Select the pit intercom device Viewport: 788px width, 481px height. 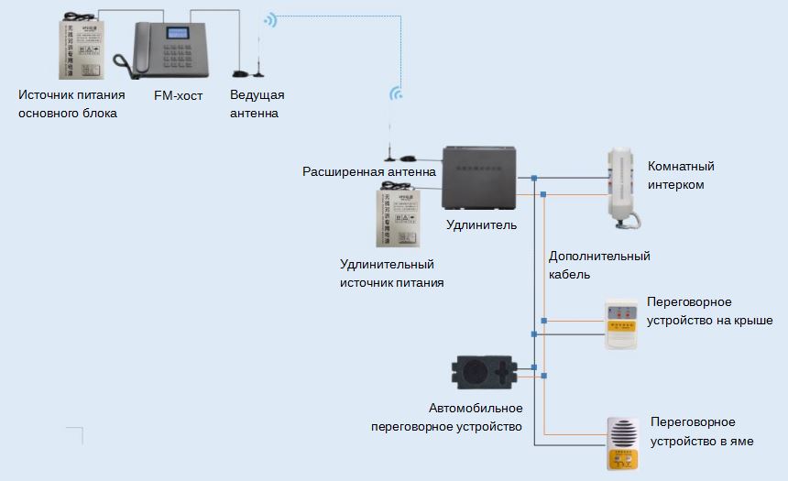[624, 443]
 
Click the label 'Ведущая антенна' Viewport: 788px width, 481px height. [257, 104]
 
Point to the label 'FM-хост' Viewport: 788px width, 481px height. [178, 95]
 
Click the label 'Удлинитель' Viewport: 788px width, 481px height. [481, 225]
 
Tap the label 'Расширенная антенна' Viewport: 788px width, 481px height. [369, 171]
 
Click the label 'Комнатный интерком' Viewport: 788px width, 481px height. [680, 175]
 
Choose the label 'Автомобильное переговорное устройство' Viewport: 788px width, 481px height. [446, 417]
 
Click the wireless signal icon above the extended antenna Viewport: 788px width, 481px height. [397, 93]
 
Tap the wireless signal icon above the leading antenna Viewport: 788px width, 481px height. [268, 20]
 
